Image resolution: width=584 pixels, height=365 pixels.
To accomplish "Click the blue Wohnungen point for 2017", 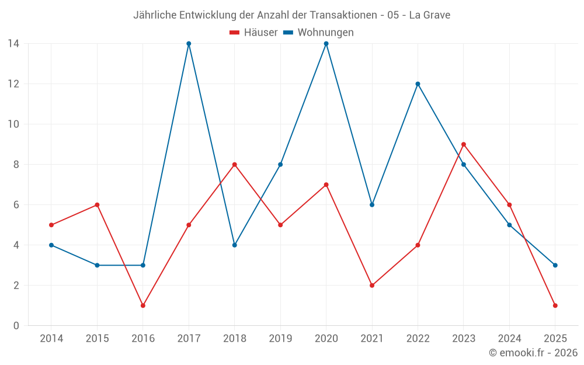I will tap(189, 44).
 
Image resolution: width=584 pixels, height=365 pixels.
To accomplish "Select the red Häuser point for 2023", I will tap(464, 144).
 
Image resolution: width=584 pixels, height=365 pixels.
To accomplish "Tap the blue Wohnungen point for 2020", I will tap(326, 44).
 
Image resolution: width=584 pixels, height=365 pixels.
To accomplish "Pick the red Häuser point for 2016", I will tap(143, 305).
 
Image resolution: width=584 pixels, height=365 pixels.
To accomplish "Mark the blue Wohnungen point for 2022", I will tap(418, 84).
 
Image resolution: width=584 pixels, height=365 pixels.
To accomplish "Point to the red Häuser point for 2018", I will tap(235, 165).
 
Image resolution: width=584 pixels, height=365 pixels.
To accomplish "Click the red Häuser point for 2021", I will tap(372, 286).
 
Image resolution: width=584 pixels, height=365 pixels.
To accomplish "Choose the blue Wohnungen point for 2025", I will tap(555, 265).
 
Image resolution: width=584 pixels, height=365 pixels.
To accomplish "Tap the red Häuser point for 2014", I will tap(51, 225).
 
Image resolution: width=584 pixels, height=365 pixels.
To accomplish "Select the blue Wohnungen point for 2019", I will tap(280, 165).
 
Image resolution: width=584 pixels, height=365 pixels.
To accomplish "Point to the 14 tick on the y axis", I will tap(13, 44).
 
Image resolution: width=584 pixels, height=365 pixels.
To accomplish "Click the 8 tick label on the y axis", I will tap(16, 165).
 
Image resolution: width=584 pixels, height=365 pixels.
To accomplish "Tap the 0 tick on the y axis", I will tap(16, 326).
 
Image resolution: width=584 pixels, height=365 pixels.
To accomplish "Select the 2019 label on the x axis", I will tap(280, 339).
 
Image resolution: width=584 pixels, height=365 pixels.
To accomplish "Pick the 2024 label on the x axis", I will tap(509, 339).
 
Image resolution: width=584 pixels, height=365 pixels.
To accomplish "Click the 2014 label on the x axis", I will tap(51, 339).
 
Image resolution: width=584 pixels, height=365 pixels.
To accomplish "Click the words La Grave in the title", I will tap(429, 15).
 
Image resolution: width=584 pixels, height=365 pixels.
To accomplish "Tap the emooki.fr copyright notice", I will tap(533, 353).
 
